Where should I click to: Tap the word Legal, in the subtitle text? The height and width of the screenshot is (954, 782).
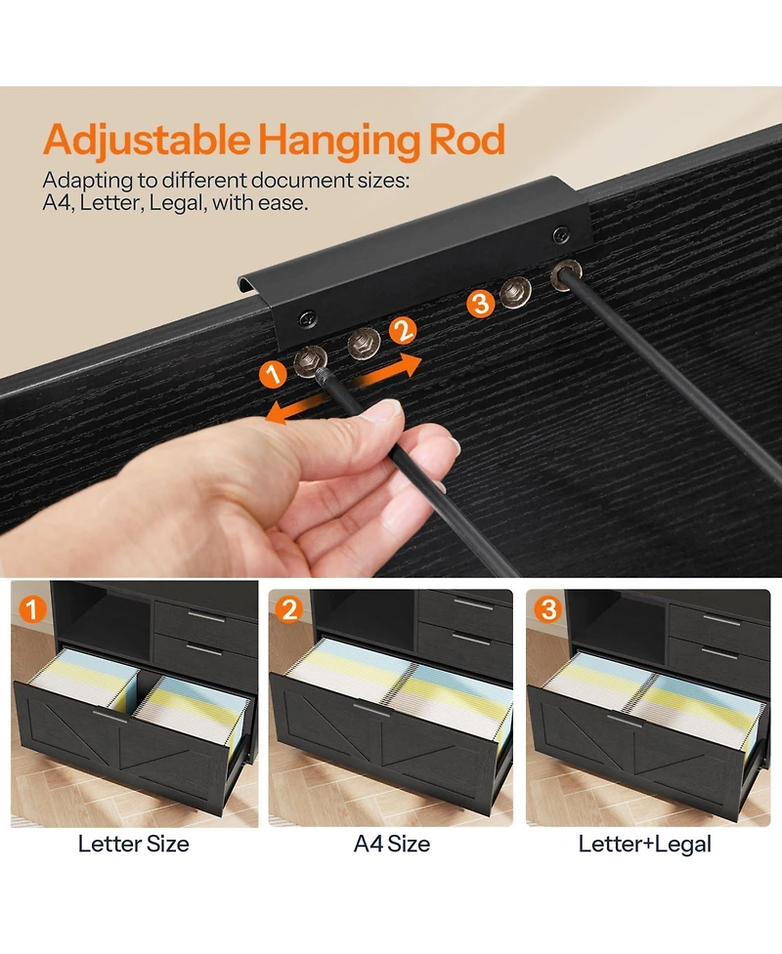point(177,203)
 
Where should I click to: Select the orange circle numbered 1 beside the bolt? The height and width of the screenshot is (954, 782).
point(273,374)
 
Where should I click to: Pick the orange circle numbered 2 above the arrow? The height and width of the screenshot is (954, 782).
point(403,332)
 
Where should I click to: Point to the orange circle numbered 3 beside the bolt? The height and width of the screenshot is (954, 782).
point(481,303)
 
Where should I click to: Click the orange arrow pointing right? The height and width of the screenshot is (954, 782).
point(388,371)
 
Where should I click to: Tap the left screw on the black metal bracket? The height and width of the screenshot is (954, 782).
point(307,317)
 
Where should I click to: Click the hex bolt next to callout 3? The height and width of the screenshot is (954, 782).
point(516,291)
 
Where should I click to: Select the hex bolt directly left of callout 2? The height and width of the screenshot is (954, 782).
point(364,343)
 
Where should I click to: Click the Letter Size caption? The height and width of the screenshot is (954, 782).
point(133,844)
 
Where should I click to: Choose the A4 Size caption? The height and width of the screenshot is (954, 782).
point(392,844)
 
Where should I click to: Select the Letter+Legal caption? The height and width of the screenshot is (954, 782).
point(644,845)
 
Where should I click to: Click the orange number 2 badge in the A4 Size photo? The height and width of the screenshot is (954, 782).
point(289,609)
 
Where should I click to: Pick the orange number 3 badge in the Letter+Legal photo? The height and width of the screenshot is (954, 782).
point(547,609)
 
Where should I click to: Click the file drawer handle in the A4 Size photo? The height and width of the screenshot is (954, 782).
point(370,710)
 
